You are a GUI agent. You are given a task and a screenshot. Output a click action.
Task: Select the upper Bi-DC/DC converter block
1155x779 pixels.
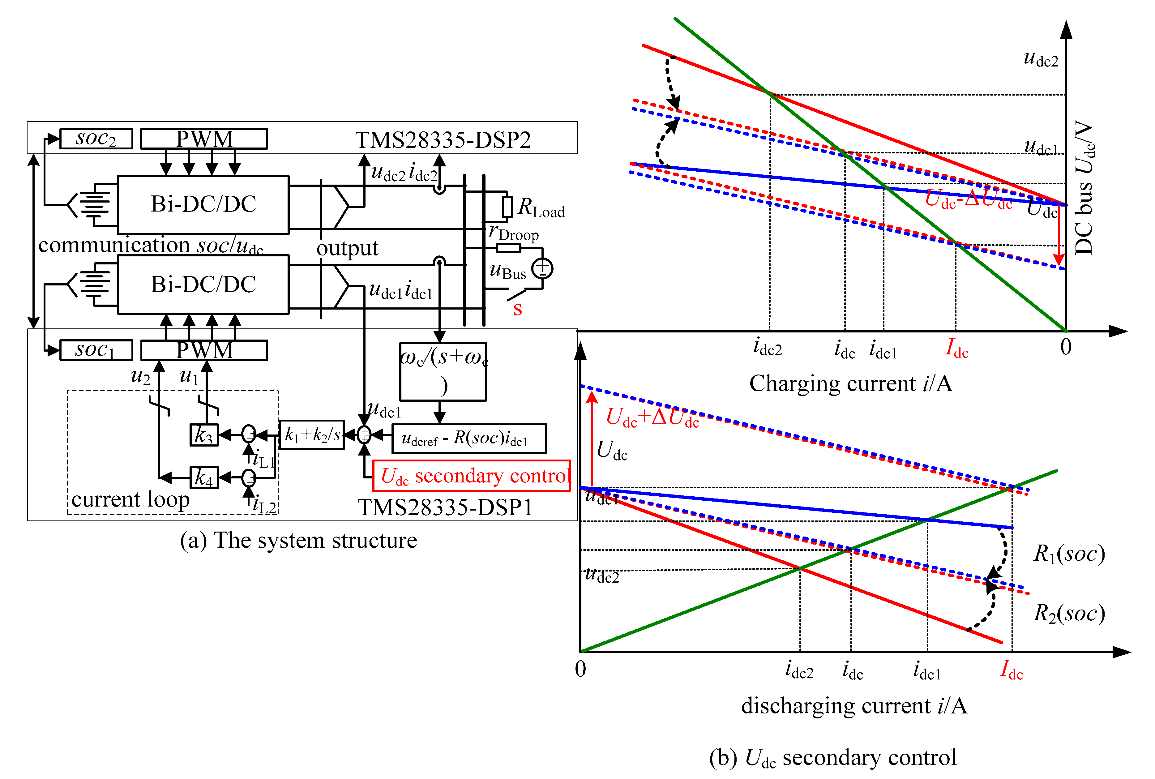tap(203, 205)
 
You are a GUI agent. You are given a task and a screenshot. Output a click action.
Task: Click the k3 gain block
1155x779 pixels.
tap(204, 435)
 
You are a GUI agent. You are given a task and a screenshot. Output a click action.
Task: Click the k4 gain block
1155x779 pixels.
tap(204, 477)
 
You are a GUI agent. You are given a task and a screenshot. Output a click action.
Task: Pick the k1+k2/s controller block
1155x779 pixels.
tap(311, 435)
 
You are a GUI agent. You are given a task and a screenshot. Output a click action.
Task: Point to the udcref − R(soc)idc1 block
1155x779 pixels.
tap(469, 438)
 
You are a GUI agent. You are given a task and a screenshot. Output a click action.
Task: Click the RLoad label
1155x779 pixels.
tap(541, 208)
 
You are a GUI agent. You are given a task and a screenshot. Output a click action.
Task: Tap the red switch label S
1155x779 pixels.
tap(518, 309)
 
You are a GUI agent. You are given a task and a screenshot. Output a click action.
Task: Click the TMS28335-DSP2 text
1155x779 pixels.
tap(443, 140)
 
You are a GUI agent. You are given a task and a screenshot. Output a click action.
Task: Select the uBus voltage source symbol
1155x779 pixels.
tap(542, 268)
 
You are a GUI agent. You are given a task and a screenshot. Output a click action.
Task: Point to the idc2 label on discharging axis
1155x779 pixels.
tap(799, 670)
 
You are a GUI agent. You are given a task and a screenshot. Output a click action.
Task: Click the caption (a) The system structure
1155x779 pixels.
tap(298, 541)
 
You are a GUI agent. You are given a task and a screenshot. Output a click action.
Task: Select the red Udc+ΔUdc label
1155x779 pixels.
tap(652, 417)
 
